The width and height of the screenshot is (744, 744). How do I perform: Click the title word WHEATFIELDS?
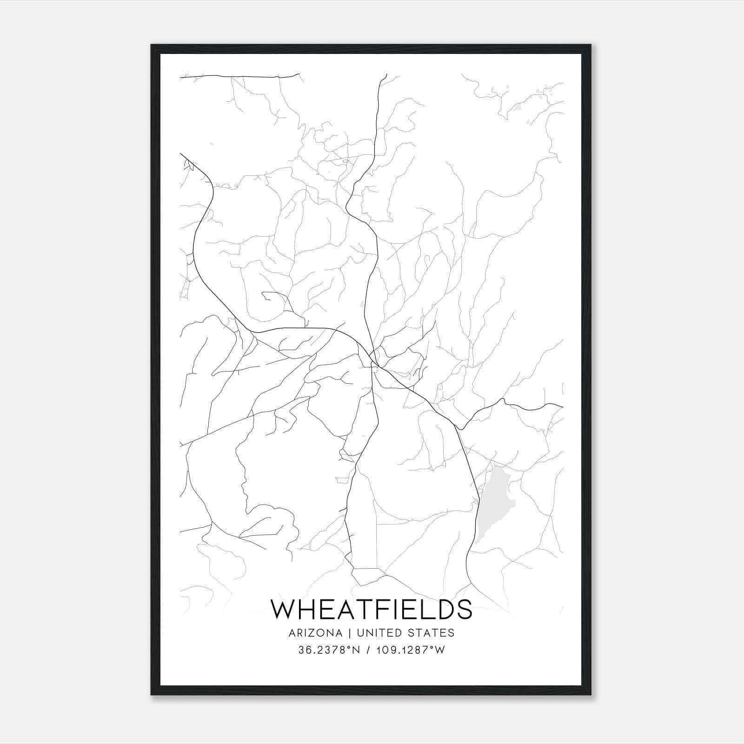(x=372, y=609)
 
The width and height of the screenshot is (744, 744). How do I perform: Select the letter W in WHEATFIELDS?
(x=283, y=609)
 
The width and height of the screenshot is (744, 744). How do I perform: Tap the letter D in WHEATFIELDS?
(x=441, y=609)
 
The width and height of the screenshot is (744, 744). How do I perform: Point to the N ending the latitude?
(x=357, y=650)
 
